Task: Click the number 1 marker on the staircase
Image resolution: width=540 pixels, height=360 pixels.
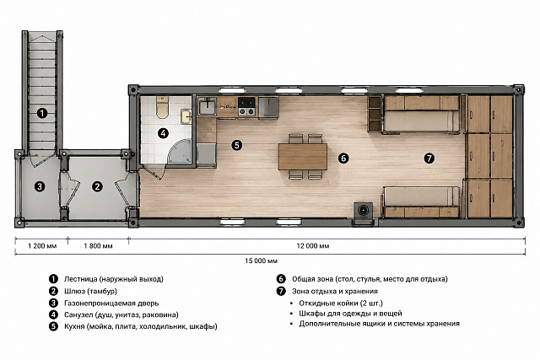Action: pos(42,113)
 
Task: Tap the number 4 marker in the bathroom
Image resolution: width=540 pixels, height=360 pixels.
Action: pos(163,133)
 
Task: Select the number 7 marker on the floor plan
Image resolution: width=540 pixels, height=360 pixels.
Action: pos(429,159)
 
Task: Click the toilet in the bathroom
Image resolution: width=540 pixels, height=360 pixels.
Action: pos(162,107)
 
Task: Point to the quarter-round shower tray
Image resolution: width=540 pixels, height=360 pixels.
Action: pos(181,152)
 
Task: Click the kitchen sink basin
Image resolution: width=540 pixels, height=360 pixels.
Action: pos(207,106)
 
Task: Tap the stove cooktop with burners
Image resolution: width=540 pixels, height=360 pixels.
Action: pos(246,106)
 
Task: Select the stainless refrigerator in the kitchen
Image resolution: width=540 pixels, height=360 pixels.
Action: pos(268,107)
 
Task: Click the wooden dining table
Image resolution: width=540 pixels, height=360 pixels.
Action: pos(303,157)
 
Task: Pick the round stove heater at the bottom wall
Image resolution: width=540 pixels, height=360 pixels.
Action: pos(364,210)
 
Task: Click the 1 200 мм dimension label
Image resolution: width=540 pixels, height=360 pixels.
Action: pos(42,246)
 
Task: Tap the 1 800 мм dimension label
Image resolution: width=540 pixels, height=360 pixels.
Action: pos(98,246)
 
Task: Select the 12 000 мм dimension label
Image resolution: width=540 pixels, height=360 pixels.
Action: pos(313,246)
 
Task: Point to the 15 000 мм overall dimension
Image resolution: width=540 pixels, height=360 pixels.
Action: pos(261,261)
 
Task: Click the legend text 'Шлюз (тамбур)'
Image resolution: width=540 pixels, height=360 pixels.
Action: pos(90,291)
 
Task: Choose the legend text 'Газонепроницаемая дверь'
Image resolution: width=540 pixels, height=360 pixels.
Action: pos(111,304)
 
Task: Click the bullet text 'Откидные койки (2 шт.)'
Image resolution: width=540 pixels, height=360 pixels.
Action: pos(341,304)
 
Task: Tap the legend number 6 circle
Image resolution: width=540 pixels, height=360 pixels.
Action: pos(281,279)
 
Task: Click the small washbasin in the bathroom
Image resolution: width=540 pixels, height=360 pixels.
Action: pos(186,116)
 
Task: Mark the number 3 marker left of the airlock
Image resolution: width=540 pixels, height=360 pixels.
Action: pos(40,186)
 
